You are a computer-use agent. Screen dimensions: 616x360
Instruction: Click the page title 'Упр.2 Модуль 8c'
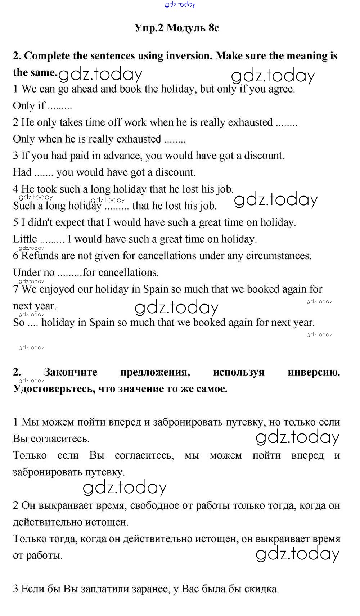pyautogui.click(x=176, y=28)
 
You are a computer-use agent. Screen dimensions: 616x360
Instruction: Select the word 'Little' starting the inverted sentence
pyautogui.click(x=25, y=239)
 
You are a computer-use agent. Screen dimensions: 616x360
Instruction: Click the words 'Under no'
pyautogui.click(x=33, y=273)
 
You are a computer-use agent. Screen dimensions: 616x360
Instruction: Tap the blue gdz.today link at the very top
pyautogui.click(x=180, y=4)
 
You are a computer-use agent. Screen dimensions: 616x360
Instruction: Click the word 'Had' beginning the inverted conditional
pyautogui.click(x=22, y=172)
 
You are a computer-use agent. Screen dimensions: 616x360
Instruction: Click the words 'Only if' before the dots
pyautogui.click(x=29, y=106)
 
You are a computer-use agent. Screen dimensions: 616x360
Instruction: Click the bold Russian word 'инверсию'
pyautogui.click(x=314, y=372)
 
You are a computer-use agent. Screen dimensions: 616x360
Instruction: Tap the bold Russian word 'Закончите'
pyautogui.click(x=71, y=372)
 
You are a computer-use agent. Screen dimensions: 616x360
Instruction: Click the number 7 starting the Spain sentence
pyautogui.click(x=15, y=289)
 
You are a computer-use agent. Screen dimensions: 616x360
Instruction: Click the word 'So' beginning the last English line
pyautogui.click(x=18, y=323)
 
